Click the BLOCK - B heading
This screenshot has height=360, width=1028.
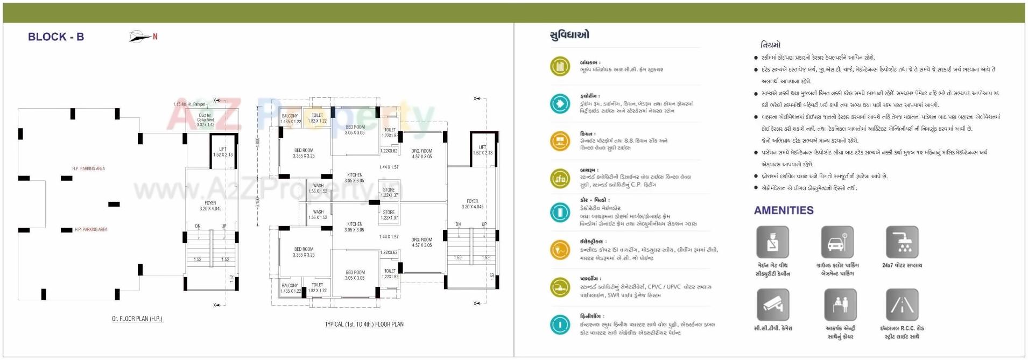[x=56, y=37]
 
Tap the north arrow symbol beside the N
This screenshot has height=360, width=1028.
[x=139, y=37]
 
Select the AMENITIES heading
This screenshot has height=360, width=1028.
[x=783, y=210]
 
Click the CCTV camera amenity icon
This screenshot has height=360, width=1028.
[x=772, y=305]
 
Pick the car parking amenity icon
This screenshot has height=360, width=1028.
[x=837, y=242]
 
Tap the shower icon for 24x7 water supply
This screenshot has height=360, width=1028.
[x=902, y=242]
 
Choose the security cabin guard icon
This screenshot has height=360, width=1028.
[x=772, y=242]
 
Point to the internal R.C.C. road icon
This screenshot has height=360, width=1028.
[x=902, y=305]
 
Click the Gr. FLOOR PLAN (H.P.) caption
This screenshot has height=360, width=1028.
[x=137, y=319]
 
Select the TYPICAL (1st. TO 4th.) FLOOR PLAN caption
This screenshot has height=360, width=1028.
[x=364, y=324]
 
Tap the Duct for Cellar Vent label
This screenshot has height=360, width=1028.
[x=206, y=119]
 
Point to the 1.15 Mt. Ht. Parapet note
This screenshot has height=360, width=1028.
[x=189, y=104]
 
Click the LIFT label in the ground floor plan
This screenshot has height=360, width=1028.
[x=223, y=149]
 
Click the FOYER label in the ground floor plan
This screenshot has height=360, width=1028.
[x=210, y=203]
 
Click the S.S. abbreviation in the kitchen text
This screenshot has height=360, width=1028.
[x=629, y=140]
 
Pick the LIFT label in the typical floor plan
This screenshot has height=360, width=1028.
[x=482, y=147]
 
